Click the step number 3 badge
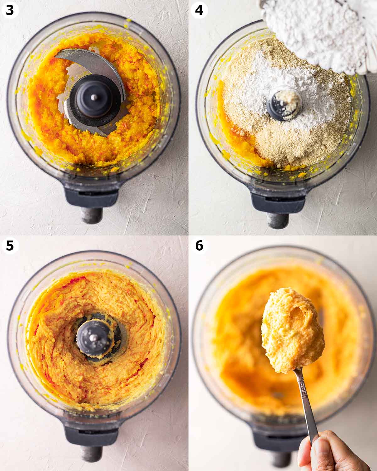coord(10,10)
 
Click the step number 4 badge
coord(199,10)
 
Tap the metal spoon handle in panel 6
coord(306,403)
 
